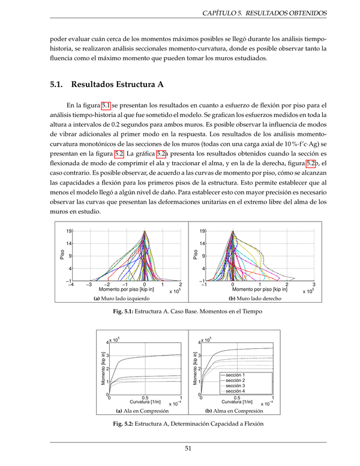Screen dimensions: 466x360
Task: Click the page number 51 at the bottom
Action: [188, 448]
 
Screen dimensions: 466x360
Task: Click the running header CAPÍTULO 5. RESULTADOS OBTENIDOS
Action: [265, 12]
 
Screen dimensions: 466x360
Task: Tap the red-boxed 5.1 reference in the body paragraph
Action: [106, 104]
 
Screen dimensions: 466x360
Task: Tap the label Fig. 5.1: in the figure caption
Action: [125, 312]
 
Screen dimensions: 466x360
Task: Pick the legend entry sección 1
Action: [238, 375]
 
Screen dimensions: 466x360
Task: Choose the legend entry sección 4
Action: [238, 391]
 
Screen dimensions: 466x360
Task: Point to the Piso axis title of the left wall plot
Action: [62, 255]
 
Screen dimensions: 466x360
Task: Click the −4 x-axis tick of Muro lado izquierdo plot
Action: [71, 285]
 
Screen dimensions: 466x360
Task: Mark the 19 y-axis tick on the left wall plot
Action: [69, 231]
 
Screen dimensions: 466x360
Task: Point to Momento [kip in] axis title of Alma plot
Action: [195, 369]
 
